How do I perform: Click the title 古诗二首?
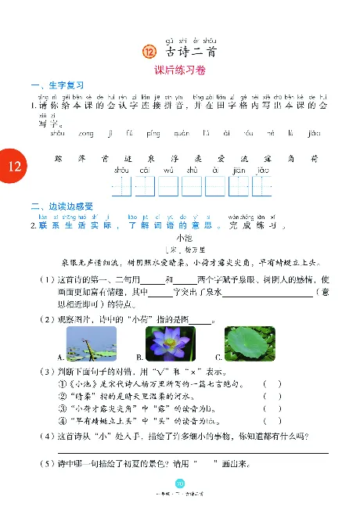point(192,52)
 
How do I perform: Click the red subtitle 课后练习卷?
point(181,69)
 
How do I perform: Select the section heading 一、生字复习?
point(57,85)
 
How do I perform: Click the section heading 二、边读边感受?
point(62,207)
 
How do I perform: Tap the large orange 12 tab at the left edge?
point(13,166)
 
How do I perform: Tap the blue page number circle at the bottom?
point(179,484)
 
